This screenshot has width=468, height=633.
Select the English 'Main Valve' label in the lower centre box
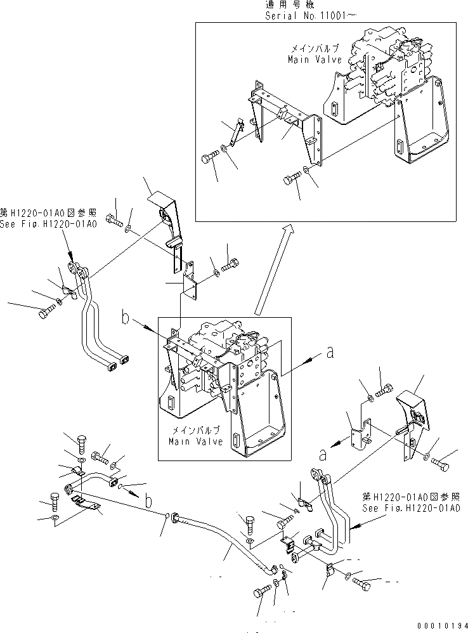[196, 441]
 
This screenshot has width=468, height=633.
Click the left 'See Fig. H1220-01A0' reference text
[49, 225]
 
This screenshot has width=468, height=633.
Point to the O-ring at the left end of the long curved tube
[167, 515]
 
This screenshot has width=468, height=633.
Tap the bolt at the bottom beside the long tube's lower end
[262, 592]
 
